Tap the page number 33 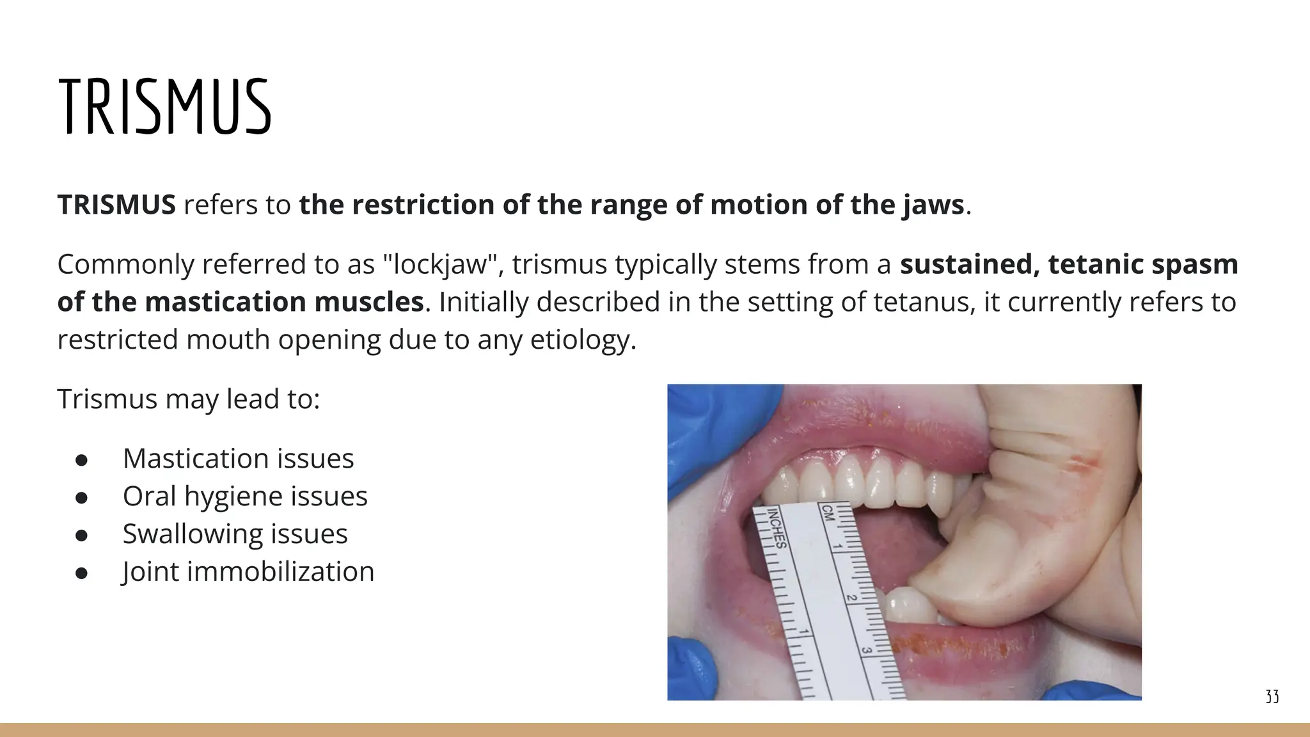[1272, 697]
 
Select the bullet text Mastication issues [238, 459]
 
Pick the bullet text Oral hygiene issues [245, 496]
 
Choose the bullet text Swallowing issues [235, 534]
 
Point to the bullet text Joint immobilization [248, 572]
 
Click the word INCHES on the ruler [777, 528]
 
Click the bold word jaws [933, 205]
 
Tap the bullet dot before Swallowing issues [81, 535]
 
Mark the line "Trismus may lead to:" [189, 399]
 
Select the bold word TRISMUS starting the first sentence [116, 205]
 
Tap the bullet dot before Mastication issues [81, 459]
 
